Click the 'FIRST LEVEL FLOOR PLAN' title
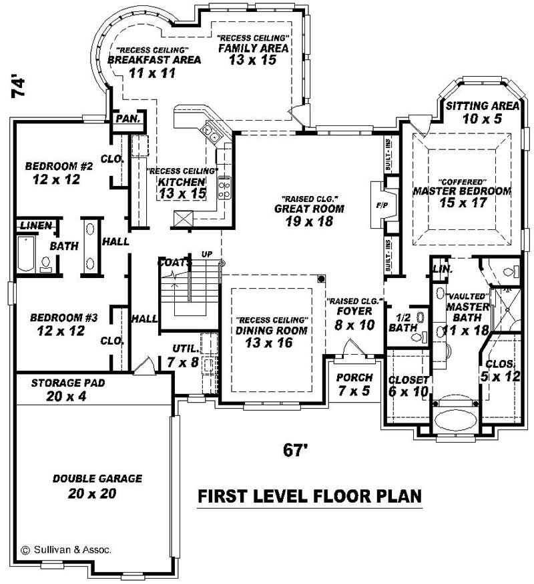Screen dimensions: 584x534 coord(310,497)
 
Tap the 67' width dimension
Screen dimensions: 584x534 coord(294,451)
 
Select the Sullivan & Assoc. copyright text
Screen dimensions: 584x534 coord(66,550)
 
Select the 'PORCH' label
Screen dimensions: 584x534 coord(354,377)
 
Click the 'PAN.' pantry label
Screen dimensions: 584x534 coord(127,119)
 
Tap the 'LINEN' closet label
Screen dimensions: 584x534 coord(35,226)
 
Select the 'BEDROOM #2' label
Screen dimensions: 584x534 coord(58,166)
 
